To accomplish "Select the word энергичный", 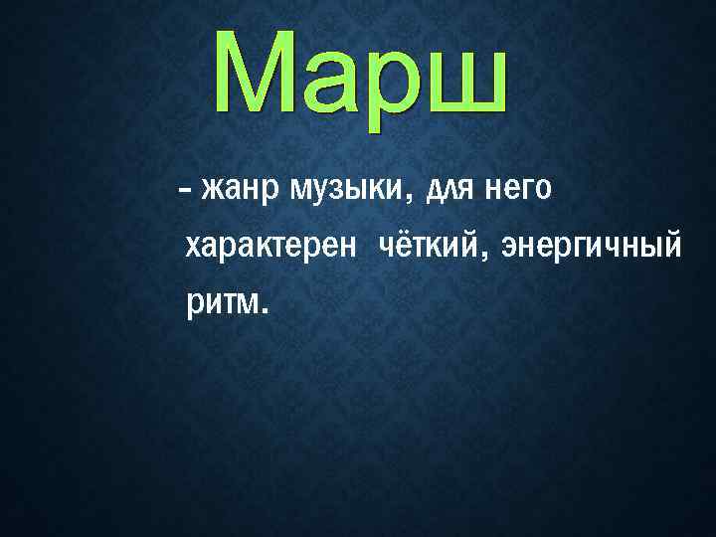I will tap(592, 244).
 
